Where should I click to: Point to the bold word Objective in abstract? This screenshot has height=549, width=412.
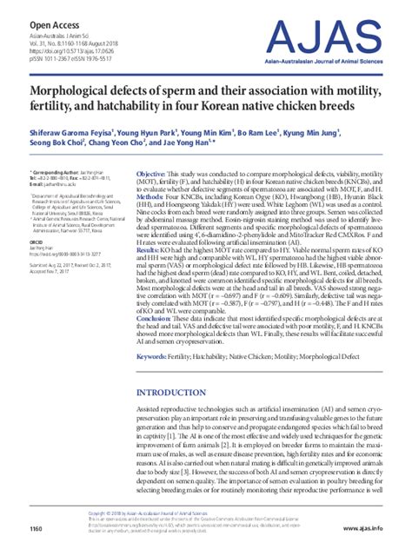click(x=153, y=175)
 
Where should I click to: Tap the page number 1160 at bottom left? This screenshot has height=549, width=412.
click(x=37, y=529)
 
